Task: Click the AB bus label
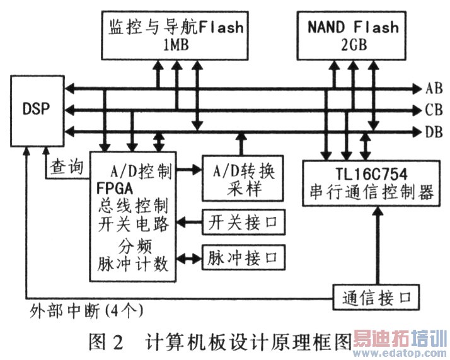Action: pos(434,88)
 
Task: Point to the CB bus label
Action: pos(434,110)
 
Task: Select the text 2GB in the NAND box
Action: pos(354,46)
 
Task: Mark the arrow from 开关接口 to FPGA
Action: pos(189,222)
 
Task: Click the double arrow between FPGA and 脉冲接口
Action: pos(188,257)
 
